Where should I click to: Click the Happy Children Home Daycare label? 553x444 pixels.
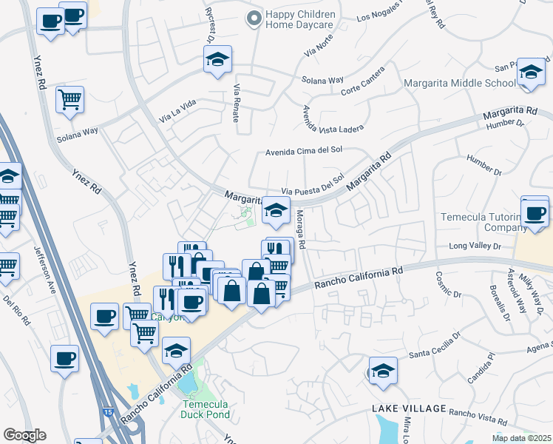click(301, 20)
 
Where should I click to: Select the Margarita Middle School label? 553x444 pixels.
click(459, 83)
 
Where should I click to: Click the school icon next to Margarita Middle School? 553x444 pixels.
click(531, 73)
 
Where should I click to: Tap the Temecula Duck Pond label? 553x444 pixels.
click(205, 410)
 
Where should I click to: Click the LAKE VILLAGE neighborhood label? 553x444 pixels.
click(409, 408)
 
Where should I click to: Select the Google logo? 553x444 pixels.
click(25, 435)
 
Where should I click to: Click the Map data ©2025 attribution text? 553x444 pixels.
click(521, 438)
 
